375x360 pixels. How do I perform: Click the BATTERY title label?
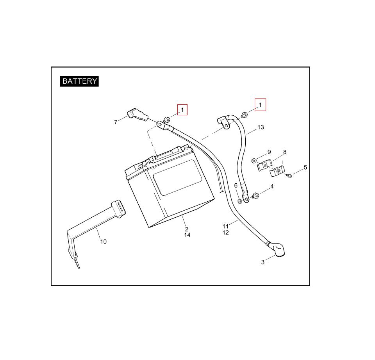pos(79,81)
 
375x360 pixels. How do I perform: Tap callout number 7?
pos(116,122)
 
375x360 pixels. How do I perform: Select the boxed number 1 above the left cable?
pos(182,110)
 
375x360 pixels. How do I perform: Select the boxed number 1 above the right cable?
pos(260,105)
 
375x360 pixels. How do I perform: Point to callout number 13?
pos(261,127)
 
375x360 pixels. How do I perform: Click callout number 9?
pos(269,152)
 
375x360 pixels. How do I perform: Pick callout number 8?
pos(285,152)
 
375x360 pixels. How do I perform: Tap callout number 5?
pos(305,167)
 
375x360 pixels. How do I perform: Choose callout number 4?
pos(272,186)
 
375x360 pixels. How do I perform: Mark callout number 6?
pos(236,185)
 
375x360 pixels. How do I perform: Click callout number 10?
pos(103,242)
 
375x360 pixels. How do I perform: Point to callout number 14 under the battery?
pos(187,235)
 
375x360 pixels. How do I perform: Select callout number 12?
pos(225,233)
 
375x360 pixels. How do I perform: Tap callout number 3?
pos(262,262)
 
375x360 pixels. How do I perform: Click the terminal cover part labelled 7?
pos(137,115)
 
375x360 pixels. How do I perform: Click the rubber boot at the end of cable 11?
pos(278,250)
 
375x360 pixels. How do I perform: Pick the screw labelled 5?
pos(289,176)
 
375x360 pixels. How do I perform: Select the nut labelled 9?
pos(254,160)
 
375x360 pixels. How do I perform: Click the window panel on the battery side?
pos(178,177)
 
